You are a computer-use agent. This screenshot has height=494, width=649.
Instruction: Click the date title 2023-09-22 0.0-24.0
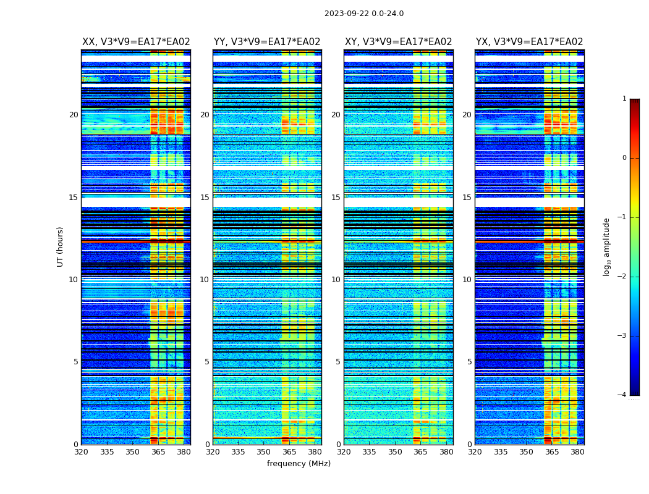coord(364,14)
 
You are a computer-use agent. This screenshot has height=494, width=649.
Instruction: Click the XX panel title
coord(136,42)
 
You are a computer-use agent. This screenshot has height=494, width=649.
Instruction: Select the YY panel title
coord(267,42)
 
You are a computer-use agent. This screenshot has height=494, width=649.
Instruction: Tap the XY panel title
coord(398,42)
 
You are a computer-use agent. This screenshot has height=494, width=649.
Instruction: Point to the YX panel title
coord(529,42)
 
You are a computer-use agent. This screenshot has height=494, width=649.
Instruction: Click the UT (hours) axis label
coord(60,246)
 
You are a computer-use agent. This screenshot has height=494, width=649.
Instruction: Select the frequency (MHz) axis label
coord(299,464)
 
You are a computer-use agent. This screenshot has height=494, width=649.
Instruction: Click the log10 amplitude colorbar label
coord(607,246)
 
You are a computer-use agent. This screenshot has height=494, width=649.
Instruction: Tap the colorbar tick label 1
coord(624,99)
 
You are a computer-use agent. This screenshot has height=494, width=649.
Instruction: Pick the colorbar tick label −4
coord(622,395)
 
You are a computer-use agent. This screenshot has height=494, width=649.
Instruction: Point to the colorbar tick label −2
coord(622,277)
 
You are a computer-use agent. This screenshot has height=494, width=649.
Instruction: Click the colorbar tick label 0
coord(624,158)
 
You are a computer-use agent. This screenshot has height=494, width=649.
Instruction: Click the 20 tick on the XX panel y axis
coord(74,115)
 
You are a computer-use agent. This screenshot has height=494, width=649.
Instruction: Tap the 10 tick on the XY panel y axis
coord(336,280)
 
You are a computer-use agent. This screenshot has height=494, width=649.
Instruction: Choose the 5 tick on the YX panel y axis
coord(469,362)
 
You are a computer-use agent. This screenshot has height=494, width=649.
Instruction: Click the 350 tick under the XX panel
coord(132,452)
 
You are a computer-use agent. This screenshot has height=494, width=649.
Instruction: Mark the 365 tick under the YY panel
coord(289,452)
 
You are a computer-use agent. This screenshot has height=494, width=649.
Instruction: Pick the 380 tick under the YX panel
coord(577,452)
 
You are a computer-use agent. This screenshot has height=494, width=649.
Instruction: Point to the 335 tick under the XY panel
coord(369,452)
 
